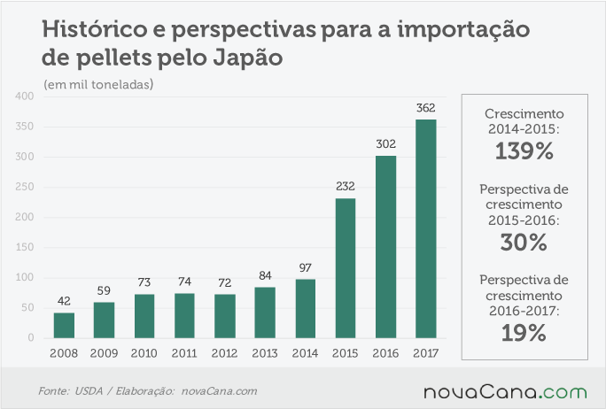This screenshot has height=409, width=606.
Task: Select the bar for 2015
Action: (x=346, y=268)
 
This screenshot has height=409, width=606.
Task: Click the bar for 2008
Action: (x=64, y=326)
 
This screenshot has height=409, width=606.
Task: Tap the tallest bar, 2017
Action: (x=426, y=229)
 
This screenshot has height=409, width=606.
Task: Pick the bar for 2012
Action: (x=225, y=316)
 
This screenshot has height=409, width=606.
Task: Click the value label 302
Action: (x=385, y=144)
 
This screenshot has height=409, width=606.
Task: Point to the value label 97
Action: (x=306, y=267)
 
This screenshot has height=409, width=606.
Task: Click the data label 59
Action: (x=104, y=290)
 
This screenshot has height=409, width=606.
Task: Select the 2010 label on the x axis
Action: (x=144, y=353)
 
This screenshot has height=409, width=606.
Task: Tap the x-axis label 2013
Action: (x=265, y=353)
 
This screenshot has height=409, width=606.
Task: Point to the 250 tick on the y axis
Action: (x=24, y=187)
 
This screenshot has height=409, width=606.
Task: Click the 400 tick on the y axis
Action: (x=24, y=96)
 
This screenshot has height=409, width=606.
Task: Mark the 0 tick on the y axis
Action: (x=31, y=337)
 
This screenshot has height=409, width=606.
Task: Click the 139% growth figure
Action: (x=524, y=150)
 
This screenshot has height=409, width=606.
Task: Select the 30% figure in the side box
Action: (x=524, y=243)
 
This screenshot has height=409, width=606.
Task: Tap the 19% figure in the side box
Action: (x=524, y=333)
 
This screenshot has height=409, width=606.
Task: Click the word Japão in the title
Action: (x=248, y=58)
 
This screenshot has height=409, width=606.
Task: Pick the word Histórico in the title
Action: (x=94, y=29)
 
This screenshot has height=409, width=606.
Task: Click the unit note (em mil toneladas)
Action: (x=98, y=84)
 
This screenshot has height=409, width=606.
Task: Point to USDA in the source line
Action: (x=89, y=390)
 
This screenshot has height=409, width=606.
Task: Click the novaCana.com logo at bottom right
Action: (x=505, y=391)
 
